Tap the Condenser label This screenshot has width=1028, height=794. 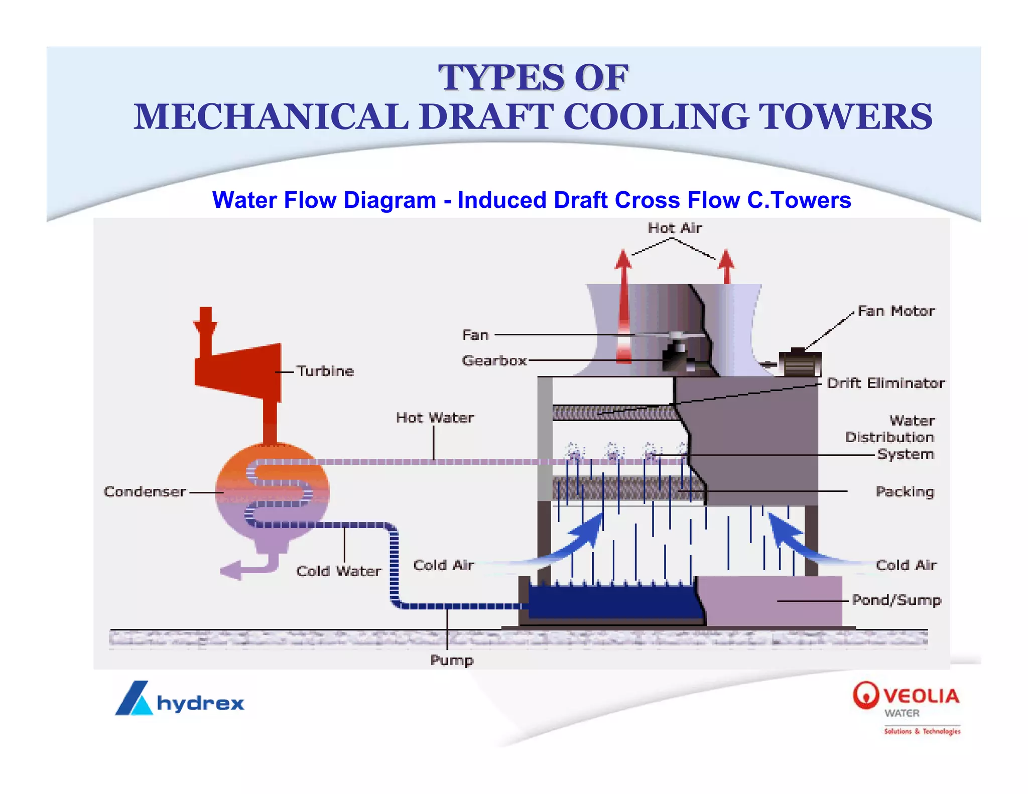tap(145, 491)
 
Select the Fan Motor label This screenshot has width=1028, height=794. tap(896, 311)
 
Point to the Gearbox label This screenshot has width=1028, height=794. tap(494, 360)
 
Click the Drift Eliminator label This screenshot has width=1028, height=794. tap(886, 383)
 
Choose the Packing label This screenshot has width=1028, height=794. tap(905, 491)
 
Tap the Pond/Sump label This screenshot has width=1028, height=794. tap(896, 600)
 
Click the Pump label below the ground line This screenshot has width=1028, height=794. tap(452, 660)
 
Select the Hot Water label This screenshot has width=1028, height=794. tap(435, 418)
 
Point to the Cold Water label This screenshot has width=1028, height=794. tap(339, 571)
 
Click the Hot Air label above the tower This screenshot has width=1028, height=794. tap(675, 228)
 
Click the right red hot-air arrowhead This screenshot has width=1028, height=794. tap(726, 259)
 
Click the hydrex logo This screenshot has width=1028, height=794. tap(180, 699)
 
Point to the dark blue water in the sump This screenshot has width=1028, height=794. tap(612, 602)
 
